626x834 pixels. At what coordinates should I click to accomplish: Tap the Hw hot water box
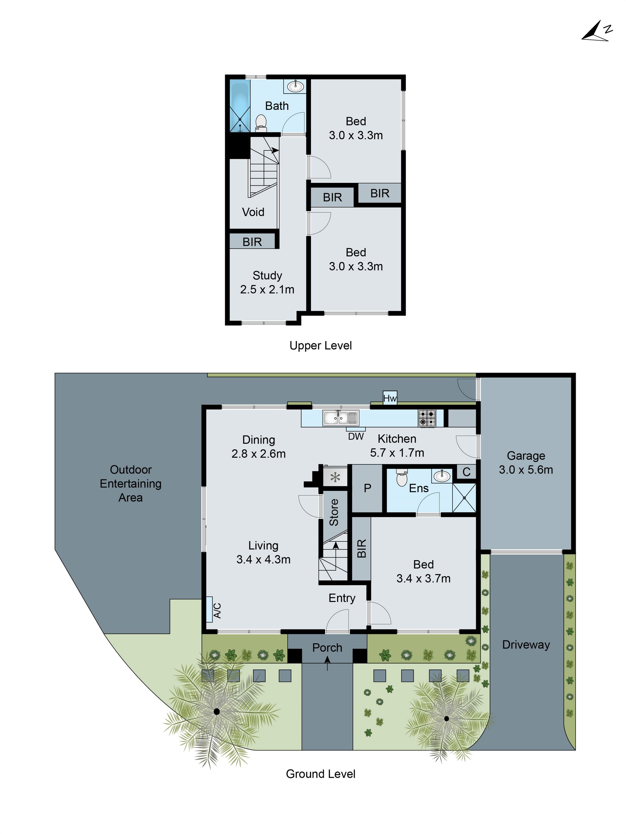(390, 398)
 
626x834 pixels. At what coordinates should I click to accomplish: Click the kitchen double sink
(340, 418)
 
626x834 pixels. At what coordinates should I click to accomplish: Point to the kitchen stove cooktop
(427, 418)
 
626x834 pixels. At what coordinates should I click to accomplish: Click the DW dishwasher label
(356, 436)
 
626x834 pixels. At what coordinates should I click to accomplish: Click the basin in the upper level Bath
(295, 86)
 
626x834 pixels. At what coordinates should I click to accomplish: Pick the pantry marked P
(367, 488)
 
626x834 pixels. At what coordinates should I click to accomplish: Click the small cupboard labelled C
(466, 472)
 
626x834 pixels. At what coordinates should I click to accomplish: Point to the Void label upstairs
(253, 212)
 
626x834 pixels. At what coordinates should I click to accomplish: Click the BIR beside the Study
(252, 242)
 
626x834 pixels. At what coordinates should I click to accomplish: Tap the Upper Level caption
(320, 345)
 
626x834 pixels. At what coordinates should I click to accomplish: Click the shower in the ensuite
(464, 498)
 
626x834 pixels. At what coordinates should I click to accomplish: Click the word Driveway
(526, 645)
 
